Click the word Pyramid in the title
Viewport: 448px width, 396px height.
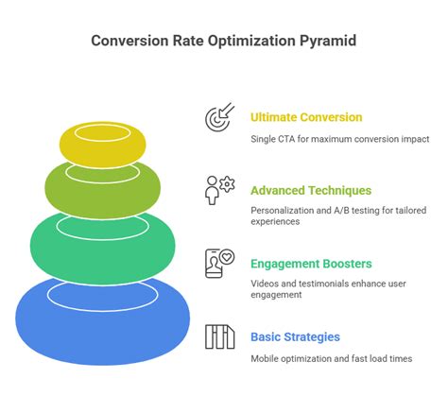tap(325, 41)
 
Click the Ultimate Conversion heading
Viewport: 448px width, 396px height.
tap(305, 117)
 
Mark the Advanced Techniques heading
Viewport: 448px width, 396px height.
tap(310, 189)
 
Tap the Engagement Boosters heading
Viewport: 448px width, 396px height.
tap(310, 263)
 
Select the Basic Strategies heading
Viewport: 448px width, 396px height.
tap(295, 336)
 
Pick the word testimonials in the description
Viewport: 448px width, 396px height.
tap(322, 284)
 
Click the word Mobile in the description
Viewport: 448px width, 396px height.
tap(267, 358)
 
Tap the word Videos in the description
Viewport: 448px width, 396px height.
tap(266, 284)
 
